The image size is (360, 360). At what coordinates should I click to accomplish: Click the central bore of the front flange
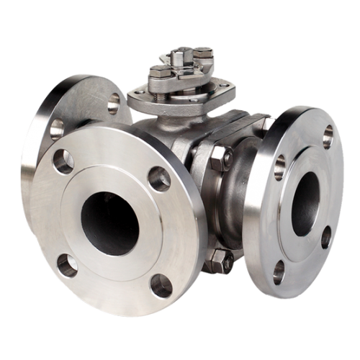(x=109, y=223)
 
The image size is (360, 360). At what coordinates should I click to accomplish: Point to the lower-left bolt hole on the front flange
(x=67, y=265)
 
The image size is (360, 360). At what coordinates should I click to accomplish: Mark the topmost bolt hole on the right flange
(x=328, y=136)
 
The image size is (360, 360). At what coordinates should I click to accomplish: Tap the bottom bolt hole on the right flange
(x=279, y=271)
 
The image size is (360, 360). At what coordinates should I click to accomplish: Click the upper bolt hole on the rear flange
(x=114, y=104)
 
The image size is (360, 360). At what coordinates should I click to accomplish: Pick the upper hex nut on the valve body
(x=220, y=157)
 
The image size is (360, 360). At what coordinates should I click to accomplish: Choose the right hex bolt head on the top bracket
(x=204, y=52)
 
